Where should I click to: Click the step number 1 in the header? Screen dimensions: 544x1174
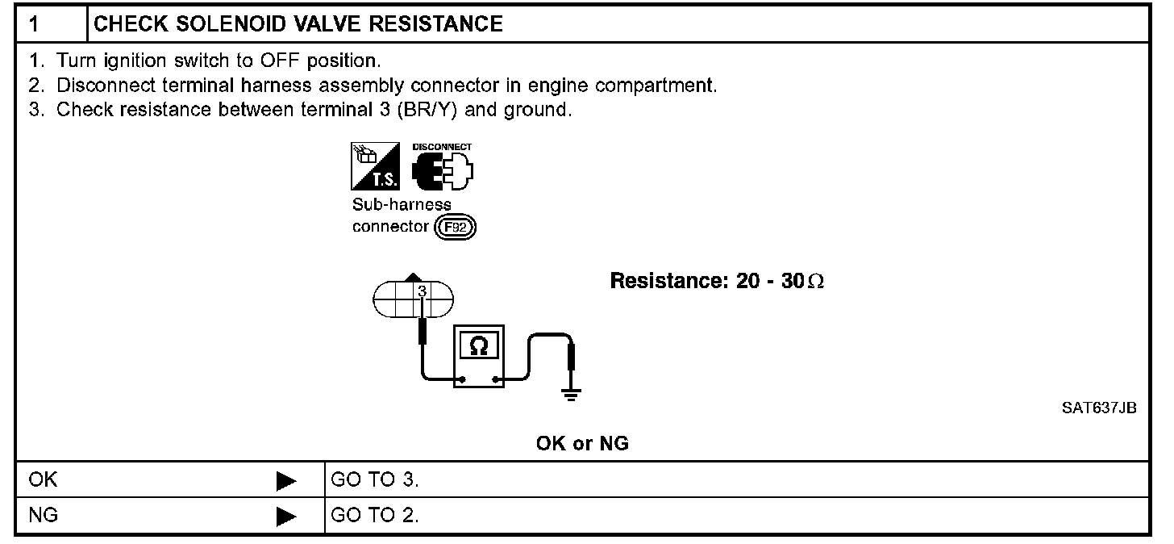pyautogui.click(x=35, y=24)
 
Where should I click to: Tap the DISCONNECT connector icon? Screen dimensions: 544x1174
pyautogui.click(x=441, y=168)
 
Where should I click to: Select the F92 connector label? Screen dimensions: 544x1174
pyautogui.click(x=456, y=228)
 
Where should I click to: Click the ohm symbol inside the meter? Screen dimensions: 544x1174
pyautogui.click(x=478, y=345)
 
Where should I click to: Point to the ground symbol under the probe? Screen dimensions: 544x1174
pyautogui.click(x=571, y=395)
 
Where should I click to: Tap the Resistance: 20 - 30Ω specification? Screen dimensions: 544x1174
pyautogui.click(x=717, y=282)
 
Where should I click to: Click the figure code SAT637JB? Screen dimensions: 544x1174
pyautogui.click(x=1099, y=408)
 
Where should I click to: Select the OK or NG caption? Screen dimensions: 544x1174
pyautogui.click(x=582, y=443)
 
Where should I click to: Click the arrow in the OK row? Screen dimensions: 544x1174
pyautogui.click(x=285, y=482)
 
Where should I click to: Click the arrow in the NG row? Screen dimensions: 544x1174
pyautogui.click(x=285, y=516)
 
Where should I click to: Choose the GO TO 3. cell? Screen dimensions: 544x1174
pyautogui.click(x=375, y=481)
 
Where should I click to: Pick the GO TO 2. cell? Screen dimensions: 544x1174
pyautogui.click(x=375, y=515)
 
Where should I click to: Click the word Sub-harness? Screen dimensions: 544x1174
pyautogui.click(x=402, y=204)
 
